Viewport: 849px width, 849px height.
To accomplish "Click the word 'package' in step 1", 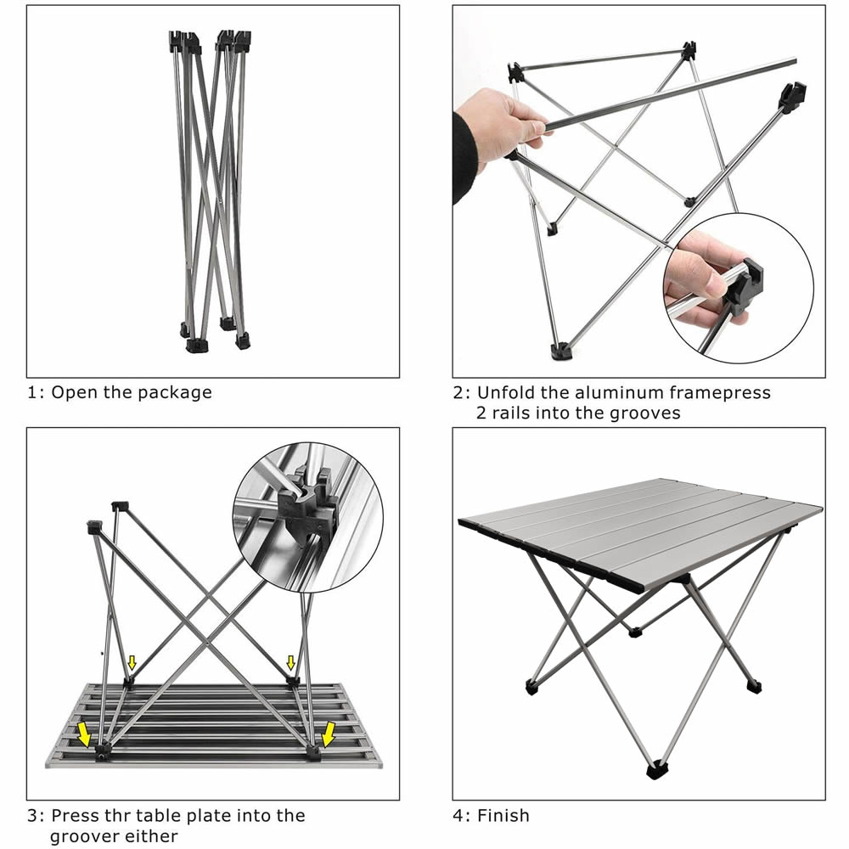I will pos(175,392).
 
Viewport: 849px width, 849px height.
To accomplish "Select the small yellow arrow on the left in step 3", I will pos(132,662).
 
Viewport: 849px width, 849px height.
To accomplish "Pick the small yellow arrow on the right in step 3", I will pos(291,662).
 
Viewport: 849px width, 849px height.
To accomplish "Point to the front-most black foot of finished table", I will pos(656,772).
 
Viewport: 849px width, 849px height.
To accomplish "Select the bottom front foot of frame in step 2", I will pos(559,350).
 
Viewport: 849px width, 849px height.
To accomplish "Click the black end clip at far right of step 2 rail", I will pos(792,96).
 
